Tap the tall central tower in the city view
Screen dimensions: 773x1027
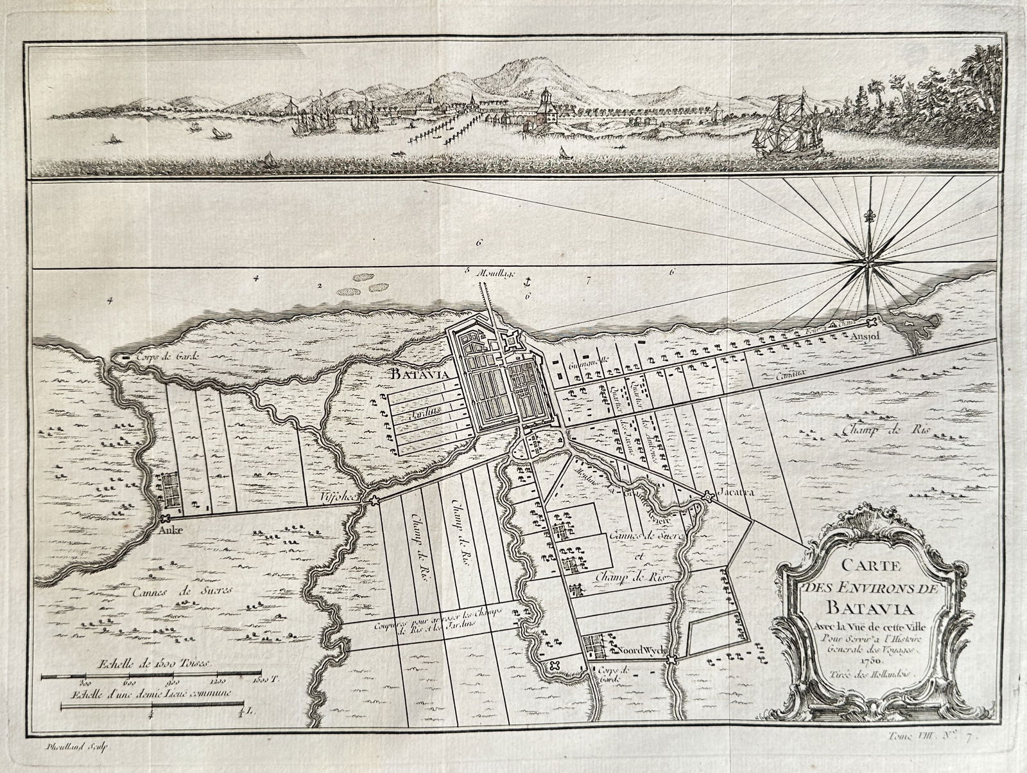point(545,103)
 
